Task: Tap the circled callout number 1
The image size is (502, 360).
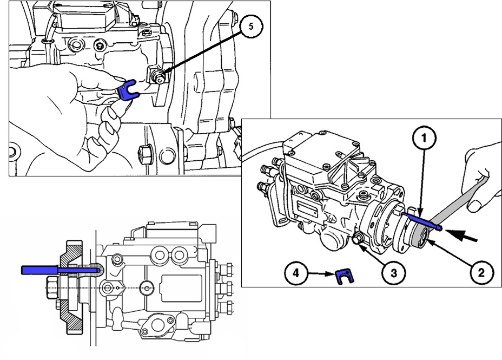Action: pyautogui.click(x=425, y=139)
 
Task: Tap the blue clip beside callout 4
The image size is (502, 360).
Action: pyautogui.click(x=341, y=277)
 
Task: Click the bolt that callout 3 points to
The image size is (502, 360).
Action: pyautogui.click(x=358, y=240)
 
